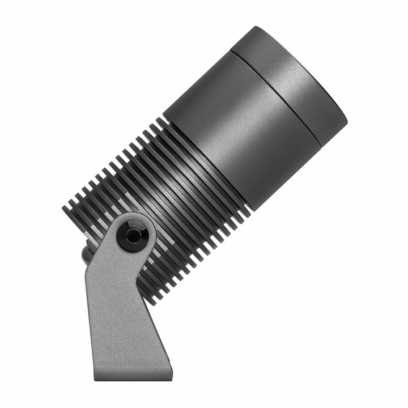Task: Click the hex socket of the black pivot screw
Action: [x=133, y=236]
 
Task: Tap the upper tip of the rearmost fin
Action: [x=64, y=207]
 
